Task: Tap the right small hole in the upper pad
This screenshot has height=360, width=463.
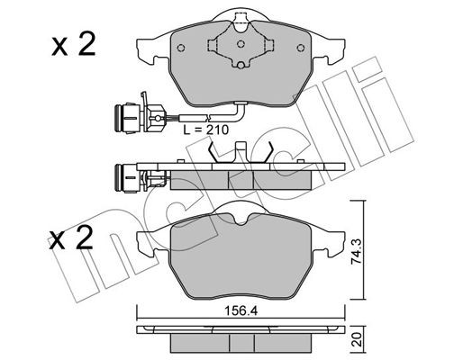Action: (293, 49)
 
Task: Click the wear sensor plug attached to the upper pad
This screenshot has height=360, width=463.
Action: (126, 114)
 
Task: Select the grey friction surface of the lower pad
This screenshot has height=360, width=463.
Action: (239, 265)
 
